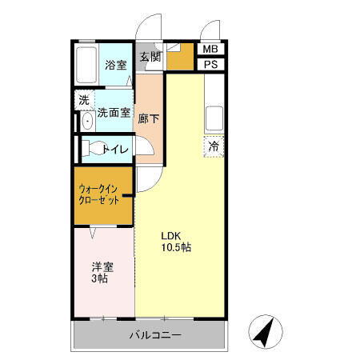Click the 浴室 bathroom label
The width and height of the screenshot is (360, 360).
116,66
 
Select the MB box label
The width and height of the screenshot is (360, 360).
211,50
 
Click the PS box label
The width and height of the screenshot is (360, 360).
211,65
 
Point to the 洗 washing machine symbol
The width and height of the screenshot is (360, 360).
83,101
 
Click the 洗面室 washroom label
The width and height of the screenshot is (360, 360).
114,113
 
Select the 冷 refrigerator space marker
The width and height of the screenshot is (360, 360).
213,146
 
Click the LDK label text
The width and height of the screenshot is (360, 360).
172,235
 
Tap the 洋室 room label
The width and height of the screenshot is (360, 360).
101,267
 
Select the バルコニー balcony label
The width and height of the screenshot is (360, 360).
154,334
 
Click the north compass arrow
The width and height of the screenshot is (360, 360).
266,330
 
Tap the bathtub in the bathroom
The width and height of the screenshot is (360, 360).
86,66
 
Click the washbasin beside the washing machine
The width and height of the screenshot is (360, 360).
86,122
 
